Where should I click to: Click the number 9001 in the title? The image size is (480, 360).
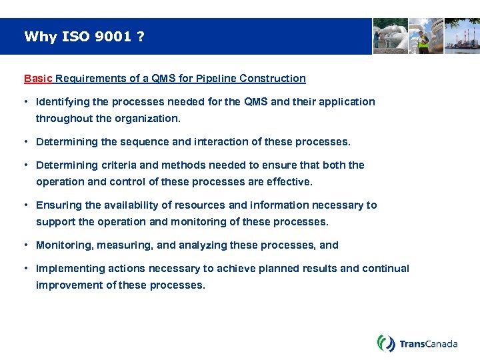pos(113,37)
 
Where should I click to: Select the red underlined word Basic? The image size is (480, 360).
pos(38,79)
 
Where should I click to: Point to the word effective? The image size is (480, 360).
pos(290,182)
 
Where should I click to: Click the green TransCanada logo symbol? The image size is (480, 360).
pos(386,343)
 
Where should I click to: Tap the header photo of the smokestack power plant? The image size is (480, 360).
pos(462,36)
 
